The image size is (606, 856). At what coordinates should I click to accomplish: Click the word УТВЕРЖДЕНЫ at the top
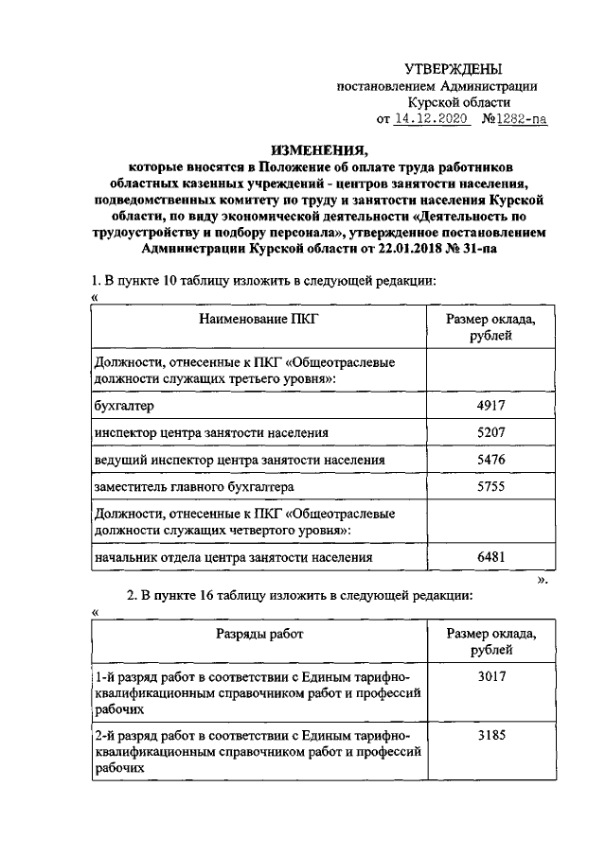[x=454, y=68]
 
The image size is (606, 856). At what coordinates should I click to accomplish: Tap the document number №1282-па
[x=515, y=120]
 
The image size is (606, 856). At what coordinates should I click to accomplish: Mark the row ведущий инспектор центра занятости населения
[x=240, y=459]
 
